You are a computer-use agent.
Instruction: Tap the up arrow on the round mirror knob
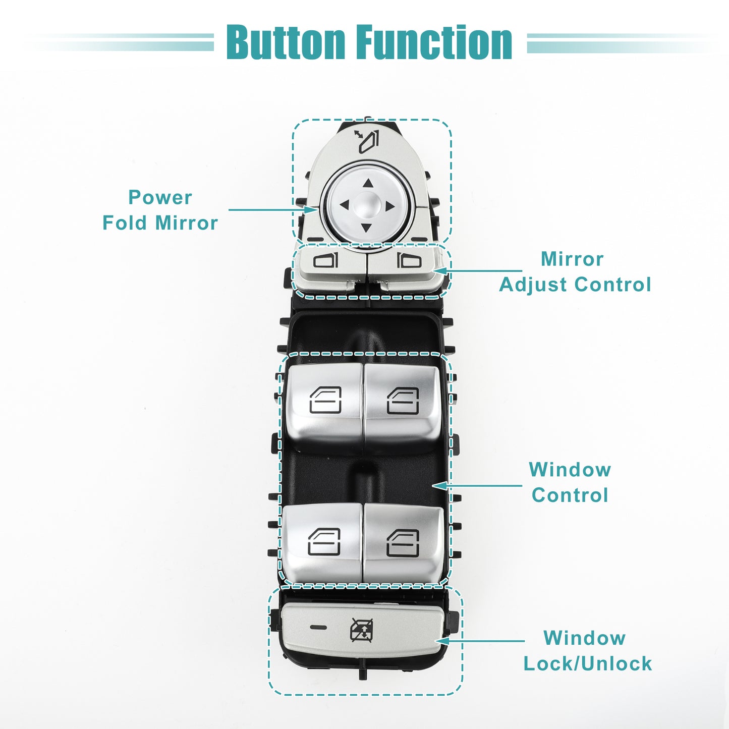tap(368, 184)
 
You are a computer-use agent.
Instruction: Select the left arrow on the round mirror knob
tap(344, 205)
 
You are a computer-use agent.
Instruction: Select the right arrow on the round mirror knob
tap(390, 206)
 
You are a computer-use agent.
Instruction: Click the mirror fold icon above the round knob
tap(366, 141)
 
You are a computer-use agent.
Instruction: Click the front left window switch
tap(324, 408)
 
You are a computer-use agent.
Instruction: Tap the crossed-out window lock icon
tap(361, 630)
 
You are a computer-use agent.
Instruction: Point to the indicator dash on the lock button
tap(318, 628)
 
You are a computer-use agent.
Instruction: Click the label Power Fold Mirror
tap(160, 209)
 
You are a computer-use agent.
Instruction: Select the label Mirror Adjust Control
tap(575, 271)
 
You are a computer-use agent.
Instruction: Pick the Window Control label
tap(570, 482)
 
